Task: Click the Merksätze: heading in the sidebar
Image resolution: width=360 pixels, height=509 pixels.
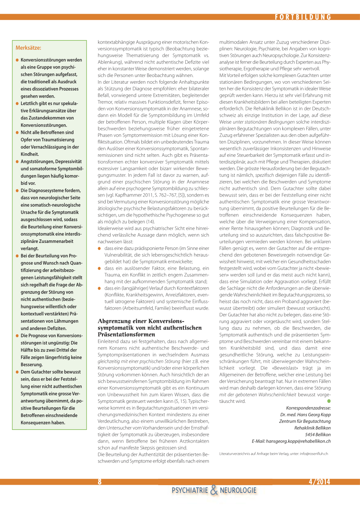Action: (28, 48)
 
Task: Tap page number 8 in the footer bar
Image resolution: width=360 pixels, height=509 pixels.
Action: (99, 482)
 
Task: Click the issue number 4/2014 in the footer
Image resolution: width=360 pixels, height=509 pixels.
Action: (319, 482)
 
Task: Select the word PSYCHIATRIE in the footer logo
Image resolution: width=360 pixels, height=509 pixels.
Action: (190, 490)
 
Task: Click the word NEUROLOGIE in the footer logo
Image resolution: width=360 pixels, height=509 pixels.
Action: (238, 490)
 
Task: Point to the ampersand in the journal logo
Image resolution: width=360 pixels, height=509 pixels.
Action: (214, 490)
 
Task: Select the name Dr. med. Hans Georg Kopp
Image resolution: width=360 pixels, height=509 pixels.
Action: (305, 414)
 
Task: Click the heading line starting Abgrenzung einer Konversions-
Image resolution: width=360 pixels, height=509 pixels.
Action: (141, 321)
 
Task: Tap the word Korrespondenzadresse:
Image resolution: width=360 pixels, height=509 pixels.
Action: (308, 408)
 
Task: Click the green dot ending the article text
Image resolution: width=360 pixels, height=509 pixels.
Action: (329, 401)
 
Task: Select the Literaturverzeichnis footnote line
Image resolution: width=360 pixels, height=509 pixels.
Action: (274, 454)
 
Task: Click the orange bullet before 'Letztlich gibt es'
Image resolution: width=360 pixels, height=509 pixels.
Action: (17, 103)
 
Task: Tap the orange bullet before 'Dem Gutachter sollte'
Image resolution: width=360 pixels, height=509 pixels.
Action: (17, 372)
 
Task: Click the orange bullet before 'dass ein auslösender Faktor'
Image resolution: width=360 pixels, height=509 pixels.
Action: (99, 268)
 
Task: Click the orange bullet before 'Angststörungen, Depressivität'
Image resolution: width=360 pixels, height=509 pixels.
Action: (17, 161)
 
